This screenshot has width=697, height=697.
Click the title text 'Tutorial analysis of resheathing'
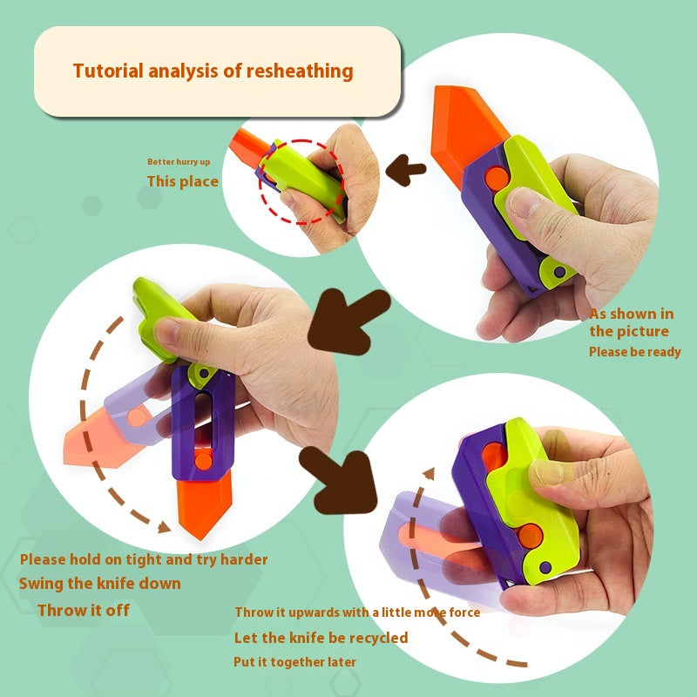coord(213,71)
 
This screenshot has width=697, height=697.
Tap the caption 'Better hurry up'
coord(179,162)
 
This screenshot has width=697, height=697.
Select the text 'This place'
coord(183,181)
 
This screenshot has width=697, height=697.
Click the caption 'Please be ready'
coord(635,352)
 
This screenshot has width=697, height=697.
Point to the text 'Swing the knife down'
coord(100,583)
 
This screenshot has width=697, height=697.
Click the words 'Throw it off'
coord(84,611)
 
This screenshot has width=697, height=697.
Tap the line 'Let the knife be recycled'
coord(321,638)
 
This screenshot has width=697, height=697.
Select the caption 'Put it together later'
coord(294,662)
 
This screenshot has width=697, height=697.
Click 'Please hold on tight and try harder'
coord(144,559)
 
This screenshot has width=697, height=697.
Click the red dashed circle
coord(302,141)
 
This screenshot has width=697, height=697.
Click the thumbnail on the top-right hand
coord(524,203)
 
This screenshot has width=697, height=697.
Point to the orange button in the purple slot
coord(204,462)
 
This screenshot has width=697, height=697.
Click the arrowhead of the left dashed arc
coord(164,527)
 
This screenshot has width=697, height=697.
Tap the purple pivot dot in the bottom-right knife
coord(545,567)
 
